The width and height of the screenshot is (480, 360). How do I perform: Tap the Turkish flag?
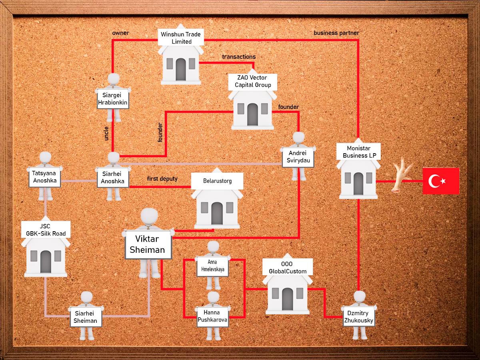coord(441,181)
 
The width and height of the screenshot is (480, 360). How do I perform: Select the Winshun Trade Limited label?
coord(181,38)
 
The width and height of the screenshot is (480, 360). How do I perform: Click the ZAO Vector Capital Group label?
coord(252,82)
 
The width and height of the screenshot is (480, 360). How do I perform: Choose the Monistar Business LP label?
coord(359,152)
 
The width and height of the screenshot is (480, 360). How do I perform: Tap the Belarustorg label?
coord(217,181)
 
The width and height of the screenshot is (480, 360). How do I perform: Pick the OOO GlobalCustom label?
coord(287,267)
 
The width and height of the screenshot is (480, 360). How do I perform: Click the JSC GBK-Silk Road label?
coord(46,230)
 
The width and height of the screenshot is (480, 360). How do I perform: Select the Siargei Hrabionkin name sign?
coord(113,98)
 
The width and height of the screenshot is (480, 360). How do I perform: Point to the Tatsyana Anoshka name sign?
coord(45,177)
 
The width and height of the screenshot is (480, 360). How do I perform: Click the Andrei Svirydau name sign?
coord(298,157)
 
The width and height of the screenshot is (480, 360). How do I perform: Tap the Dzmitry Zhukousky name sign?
coord(359,317)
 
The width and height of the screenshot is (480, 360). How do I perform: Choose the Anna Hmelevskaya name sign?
coord(212,266)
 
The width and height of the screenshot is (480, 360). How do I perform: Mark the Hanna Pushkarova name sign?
coord(212,316)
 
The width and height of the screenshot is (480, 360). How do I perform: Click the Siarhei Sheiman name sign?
coord(86,317)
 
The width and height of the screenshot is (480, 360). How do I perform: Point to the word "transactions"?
coord(239,57)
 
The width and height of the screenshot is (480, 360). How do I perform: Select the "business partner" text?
coord(336,33)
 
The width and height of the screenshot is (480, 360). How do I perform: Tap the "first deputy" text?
coord(162,179)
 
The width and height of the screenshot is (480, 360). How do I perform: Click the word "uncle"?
coord(106,133)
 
